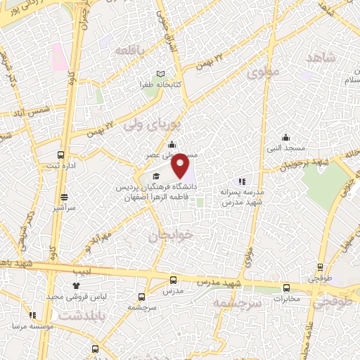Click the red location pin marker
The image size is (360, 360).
182,167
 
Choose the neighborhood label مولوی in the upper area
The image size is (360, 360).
264,72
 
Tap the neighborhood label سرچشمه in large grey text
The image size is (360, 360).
237,302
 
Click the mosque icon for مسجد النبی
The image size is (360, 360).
285,138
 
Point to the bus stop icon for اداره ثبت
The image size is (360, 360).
61,155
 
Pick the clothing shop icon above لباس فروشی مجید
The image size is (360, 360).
76,285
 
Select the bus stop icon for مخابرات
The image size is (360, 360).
286,288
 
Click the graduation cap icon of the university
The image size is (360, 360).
156,176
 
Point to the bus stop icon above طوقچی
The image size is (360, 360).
321,267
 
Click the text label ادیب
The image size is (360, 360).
79,269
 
